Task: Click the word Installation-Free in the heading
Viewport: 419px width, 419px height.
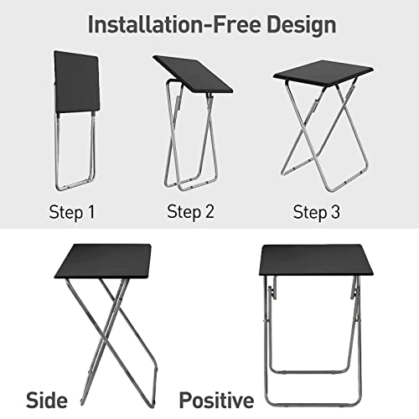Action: (173, 25)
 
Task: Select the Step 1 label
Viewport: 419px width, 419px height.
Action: (72, 213)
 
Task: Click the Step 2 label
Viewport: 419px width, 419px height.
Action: (190, 212)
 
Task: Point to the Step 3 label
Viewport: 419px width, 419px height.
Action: (317, 212)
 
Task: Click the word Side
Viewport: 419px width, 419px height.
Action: (47, 401)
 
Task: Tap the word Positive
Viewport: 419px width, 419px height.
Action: (216, 401)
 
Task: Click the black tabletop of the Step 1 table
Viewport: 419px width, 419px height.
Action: (76, 81)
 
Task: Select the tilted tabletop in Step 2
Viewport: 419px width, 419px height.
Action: (193, 74)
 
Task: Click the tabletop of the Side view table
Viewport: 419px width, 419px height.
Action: (103, 261)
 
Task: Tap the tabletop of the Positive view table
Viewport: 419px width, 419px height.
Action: (316, 260)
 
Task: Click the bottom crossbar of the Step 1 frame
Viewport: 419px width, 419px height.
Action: (75, 185)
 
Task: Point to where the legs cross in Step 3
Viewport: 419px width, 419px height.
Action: (325, 127)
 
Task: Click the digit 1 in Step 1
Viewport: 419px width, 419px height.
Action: (91, 212)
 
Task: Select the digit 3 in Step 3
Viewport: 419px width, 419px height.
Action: (335, 212)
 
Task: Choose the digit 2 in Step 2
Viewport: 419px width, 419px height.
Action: (209, 211)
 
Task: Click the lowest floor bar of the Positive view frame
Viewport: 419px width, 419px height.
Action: (313, 405)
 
